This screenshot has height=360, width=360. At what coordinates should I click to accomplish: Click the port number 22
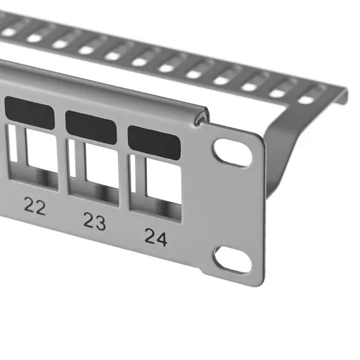(35, 207)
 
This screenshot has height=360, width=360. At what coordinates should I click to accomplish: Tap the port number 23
(95, 222)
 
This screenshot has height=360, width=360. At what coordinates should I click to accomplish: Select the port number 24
(155, 237)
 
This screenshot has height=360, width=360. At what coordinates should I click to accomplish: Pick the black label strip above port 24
(154, 140)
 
